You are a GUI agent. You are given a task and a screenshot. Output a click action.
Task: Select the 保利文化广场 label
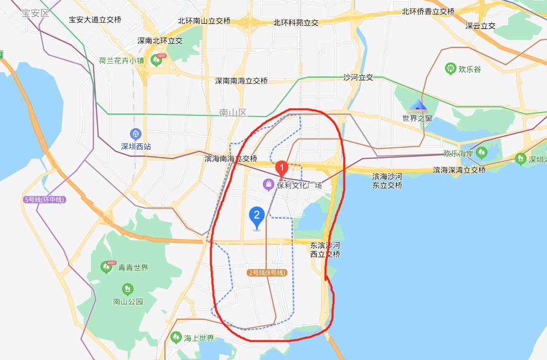300,185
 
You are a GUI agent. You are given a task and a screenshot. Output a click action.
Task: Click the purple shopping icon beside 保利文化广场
268,185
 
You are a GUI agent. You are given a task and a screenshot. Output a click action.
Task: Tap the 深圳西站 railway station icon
135,134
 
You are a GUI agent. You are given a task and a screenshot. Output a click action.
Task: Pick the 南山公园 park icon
128,289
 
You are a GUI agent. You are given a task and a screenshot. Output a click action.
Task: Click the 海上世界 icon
175,337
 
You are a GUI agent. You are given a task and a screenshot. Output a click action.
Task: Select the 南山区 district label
233,113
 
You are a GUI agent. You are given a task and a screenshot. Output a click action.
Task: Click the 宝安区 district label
35,13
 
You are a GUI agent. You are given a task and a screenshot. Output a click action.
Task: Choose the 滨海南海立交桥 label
231,159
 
